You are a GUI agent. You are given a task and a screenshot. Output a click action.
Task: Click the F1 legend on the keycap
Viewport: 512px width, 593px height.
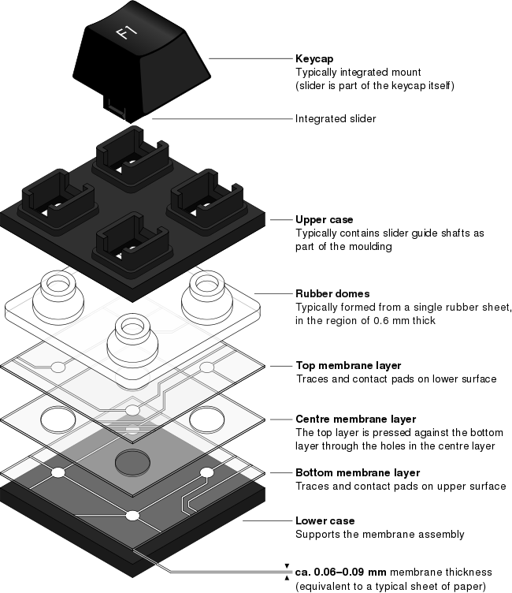click(126, 32)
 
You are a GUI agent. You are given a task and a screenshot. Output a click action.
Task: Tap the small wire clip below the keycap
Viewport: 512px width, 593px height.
click(117, 108)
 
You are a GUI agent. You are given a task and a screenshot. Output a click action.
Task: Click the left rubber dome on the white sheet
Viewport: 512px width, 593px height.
click(58, 296)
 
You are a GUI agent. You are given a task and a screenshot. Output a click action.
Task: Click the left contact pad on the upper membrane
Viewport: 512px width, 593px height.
click(58, 367)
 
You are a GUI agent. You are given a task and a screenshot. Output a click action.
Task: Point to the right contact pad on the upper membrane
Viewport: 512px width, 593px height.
click(206, 367)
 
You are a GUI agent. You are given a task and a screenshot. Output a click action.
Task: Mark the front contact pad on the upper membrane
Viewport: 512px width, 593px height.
click(132, 410)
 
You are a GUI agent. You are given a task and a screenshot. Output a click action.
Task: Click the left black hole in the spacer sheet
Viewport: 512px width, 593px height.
click(58, 420)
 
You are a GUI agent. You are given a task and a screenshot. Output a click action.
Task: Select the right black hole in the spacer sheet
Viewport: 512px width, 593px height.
click(206, 420)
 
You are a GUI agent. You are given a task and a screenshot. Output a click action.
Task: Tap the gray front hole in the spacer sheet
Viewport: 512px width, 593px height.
click(132, 462)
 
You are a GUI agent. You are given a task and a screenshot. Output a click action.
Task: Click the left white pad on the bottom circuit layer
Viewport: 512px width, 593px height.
click(58, 472)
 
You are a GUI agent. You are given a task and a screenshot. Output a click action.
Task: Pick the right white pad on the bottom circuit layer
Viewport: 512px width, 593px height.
click(206, 472)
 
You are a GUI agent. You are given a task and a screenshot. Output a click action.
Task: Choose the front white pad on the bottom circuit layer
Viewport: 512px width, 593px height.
click(132, 516)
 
